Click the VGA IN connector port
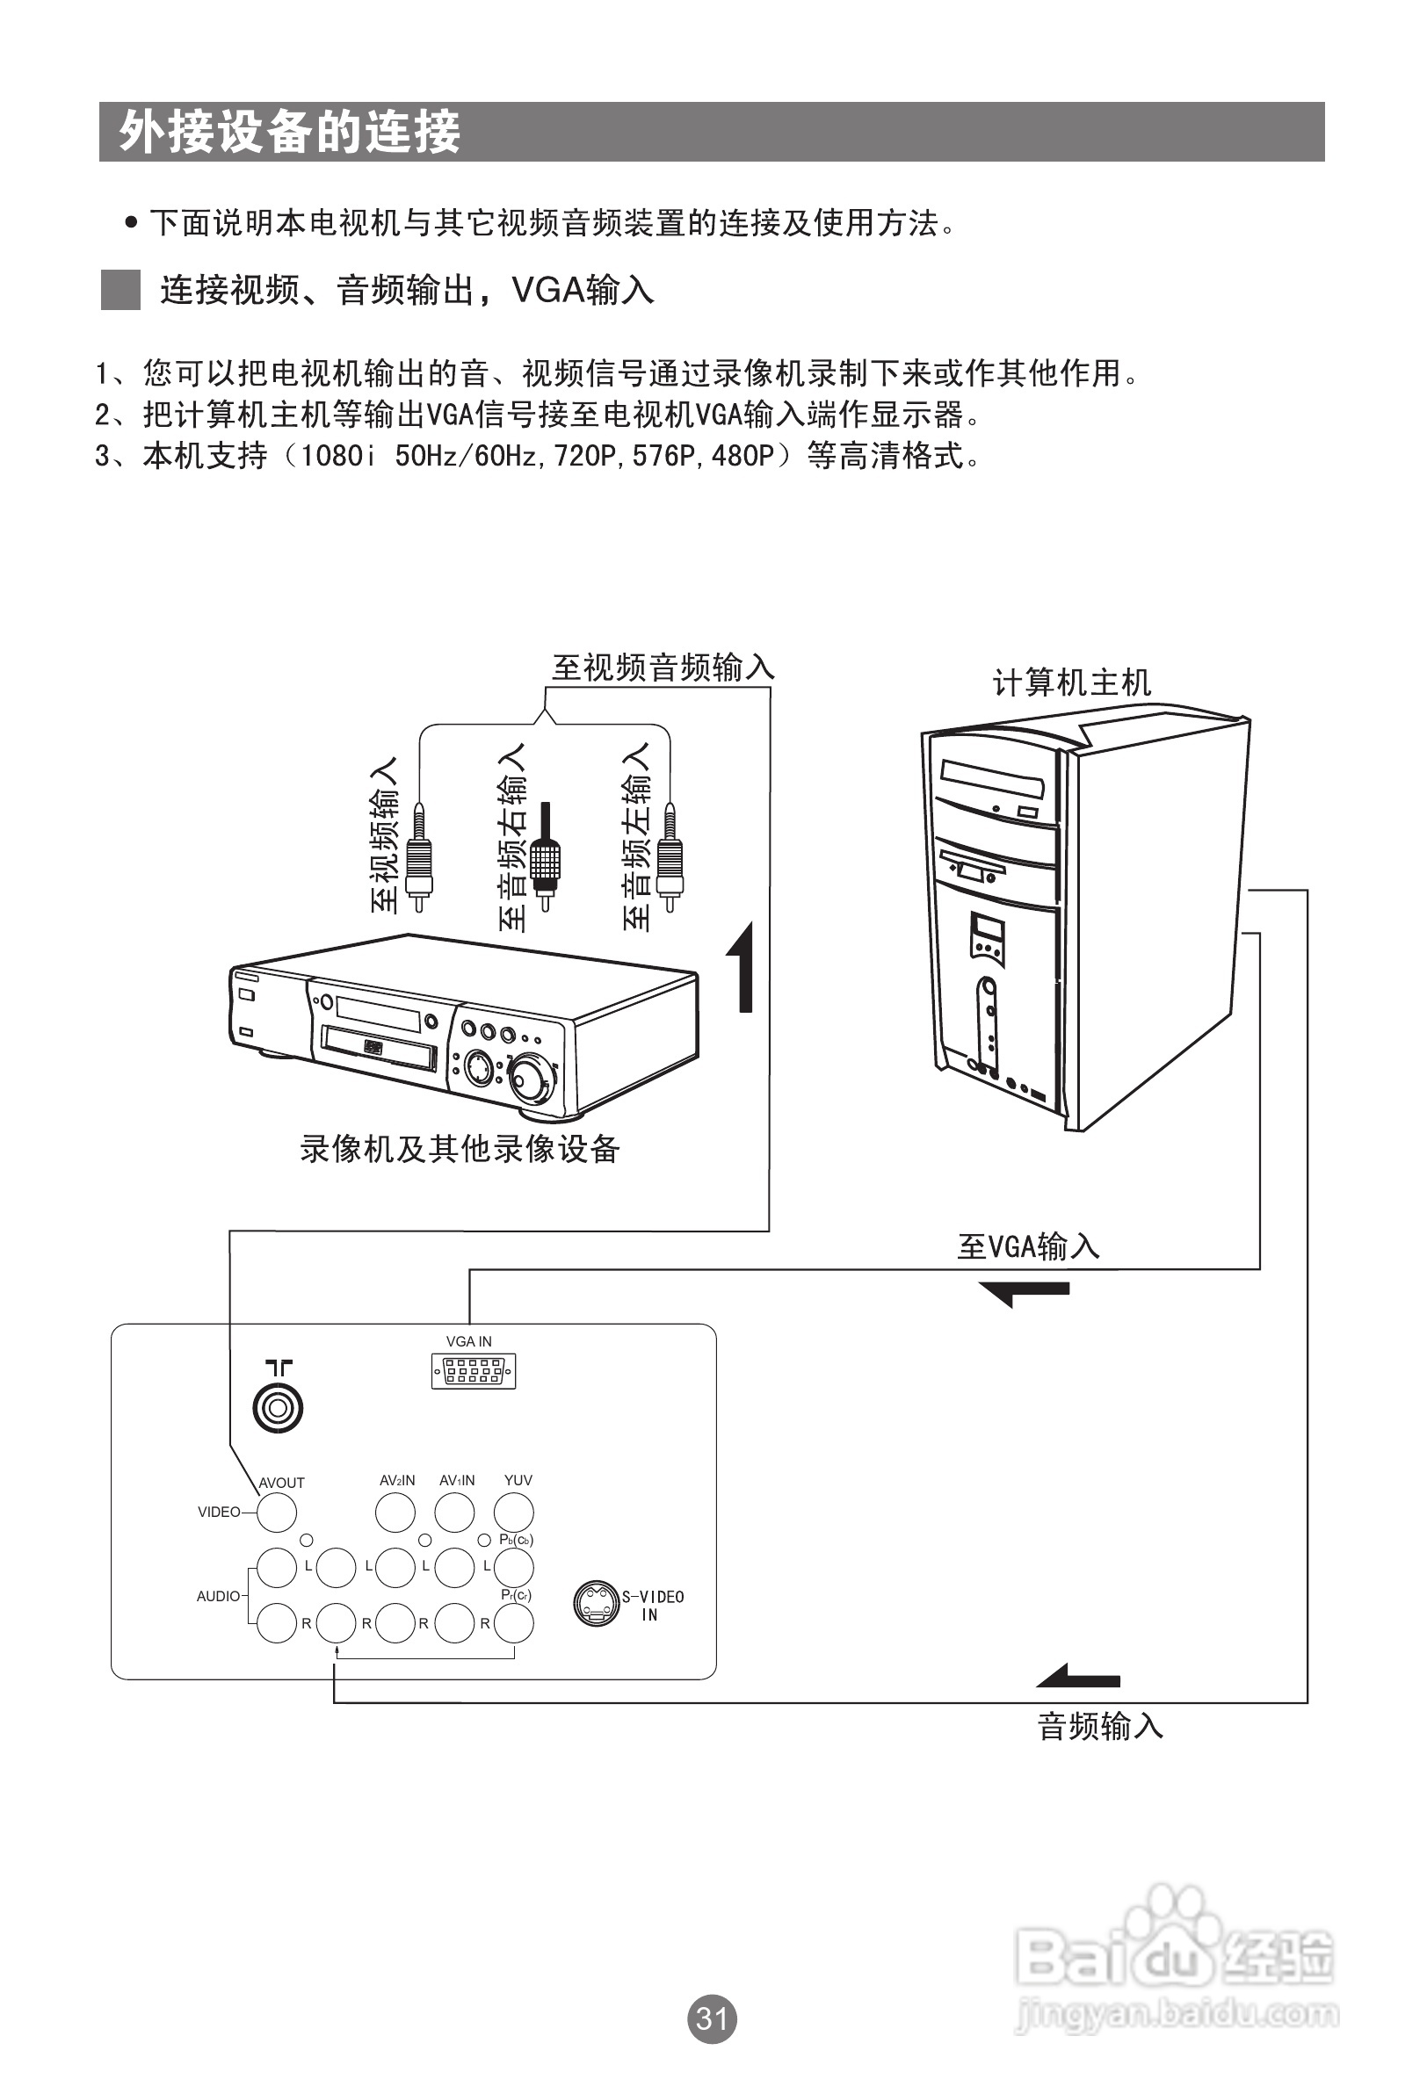(474, 1370)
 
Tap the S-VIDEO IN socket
(596, 1603)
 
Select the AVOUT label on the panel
(281, 1482)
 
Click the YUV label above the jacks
(518, 1479)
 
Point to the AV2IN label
(396, 1479)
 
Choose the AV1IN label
(457, 1479)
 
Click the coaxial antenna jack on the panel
(278, 1406)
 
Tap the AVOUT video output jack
(277, 1512)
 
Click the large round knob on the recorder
(530, 1079)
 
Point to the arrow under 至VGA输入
(1025, 1292)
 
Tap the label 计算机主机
(1072, 682)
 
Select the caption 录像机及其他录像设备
(460, 1148)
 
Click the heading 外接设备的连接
(290, 133)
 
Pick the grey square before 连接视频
(120, 290)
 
